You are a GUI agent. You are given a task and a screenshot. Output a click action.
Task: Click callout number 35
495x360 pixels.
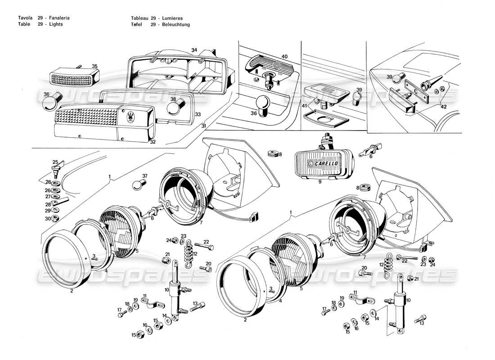pos(94,66)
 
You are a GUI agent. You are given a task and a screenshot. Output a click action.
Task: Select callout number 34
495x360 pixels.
pos(194,49)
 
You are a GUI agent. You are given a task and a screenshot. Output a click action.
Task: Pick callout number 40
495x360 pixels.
pos(284,57)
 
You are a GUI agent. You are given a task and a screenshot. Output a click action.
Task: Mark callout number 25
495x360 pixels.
pos(55,162)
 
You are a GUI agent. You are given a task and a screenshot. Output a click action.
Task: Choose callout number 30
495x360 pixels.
pos(48,219)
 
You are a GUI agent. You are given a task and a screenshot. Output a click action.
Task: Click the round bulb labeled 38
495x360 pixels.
pos(173,108)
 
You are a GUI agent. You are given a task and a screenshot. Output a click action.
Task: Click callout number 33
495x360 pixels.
pos(198,115)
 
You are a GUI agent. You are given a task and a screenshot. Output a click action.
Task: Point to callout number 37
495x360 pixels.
pos(145,175)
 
